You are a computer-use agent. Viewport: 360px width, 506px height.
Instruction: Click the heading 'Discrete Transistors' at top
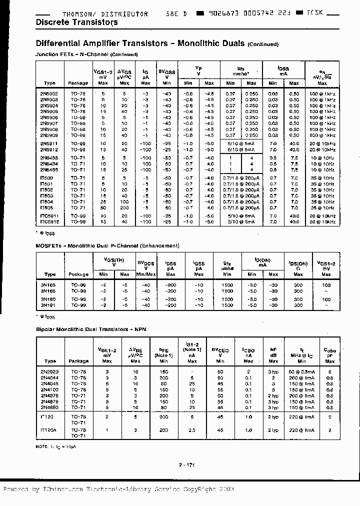pos(77,22)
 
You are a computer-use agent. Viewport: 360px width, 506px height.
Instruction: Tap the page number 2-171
pos(186,465)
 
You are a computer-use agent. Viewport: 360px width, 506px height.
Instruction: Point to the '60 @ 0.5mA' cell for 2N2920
pos(301,372)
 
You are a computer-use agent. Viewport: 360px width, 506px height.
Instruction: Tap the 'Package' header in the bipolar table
pos(78,361)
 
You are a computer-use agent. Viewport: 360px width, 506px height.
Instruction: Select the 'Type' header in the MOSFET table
pos(50,274)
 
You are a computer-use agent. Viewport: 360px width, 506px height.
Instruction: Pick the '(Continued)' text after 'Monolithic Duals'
pos(263,44)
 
